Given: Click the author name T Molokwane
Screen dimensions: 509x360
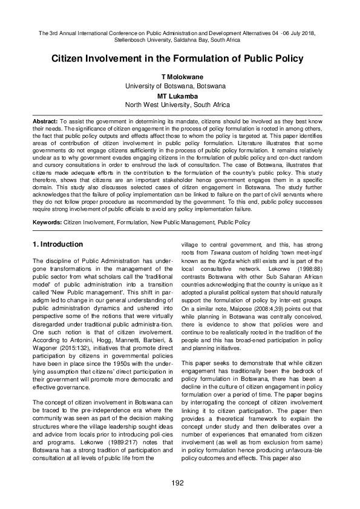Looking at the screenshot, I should [x=180, y=78].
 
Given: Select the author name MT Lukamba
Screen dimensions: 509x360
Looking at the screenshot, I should [x=180, y=96].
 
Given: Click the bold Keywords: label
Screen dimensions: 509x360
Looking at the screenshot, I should [x=48, y=222].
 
